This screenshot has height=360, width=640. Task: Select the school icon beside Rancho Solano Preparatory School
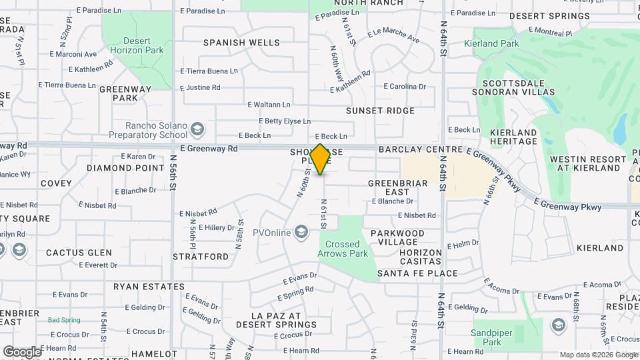click(x=197, y=128)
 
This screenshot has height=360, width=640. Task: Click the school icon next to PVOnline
click(x=301, y=232)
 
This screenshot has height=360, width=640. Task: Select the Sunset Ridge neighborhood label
click(x=380, y=111)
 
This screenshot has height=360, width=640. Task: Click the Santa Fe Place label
click(x=417, y=273)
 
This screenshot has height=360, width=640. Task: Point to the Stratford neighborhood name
click(x=201, y=256)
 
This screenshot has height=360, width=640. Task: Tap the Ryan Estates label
click(x=149, y=287)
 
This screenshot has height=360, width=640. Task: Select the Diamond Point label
click(x=125, y=168)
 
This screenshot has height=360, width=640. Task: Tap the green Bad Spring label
click(x=63, y=320)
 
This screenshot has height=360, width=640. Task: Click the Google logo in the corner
click(x=22, y=351)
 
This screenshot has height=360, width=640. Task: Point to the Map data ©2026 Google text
click(x=598, y=355)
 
